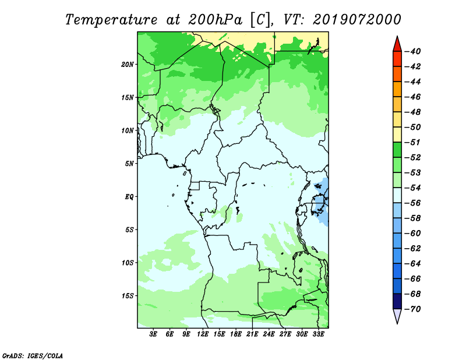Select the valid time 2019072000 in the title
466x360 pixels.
tap(357, 19)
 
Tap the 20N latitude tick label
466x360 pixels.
tap(128, 64)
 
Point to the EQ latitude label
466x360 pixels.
tap(129, 196)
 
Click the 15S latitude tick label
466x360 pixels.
tap(128, 295)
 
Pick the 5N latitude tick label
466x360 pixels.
tap(129, 164)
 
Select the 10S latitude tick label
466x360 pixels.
tap(128, 263)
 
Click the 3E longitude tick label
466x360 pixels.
tap(154, 335)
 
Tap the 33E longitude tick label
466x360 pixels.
tap(318, 335)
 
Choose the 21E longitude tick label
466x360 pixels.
tap(252, 335)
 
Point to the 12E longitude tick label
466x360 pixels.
tap(203, 335)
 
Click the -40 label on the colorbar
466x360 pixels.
tap(414, 51)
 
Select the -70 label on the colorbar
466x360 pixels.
tap(414, 309)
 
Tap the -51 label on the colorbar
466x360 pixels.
tap(414, 142)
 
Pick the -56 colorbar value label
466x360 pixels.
tap(414, 203)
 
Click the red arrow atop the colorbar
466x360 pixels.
tap(397, 43)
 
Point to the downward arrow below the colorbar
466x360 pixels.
tap(397, 316)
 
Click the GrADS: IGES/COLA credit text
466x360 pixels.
tap(33, 355)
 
